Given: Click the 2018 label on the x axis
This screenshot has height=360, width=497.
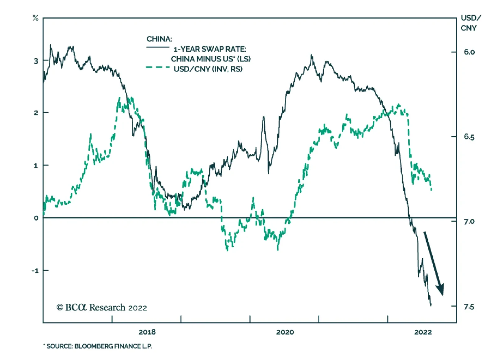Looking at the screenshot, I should (x=147, y=332).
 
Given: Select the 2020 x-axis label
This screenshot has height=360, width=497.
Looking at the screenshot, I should (x=285, y=332).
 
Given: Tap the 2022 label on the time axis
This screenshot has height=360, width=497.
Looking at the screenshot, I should (x=423, y=332).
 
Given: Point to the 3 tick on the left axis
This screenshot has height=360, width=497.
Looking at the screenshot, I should (x=36, y=61).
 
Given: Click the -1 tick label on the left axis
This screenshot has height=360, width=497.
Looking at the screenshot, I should (x=35, y=271).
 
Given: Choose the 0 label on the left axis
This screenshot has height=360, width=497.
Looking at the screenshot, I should (x=36, y=218).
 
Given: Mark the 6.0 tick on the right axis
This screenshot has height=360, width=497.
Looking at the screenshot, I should (x=469, y=52).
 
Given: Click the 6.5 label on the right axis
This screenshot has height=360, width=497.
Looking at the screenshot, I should (x=469, y=137).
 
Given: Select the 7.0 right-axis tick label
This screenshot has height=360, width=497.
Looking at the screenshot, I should (x=469, y=222).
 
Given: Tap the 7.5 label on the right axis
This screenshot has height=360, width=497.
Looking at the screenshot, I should (x=469, y=307).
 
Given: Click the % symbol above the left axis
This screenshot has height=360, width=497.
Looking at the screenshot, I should (x=35, y=18).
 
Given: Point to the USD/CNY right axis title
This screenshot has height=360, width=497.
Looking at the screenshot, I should (x=470, y=23).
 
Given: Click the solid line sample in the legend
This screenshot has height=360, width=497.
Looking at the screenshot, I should (x=158, y=47).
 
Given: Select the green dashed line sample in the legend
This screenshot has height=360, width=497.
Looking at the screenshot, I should (x=158, y=67).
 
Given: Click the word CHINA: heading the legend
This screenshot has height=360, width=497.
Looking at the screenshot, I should (x=159, y=39).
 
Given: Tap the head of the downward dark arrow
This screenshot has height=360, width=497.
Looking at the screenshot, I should (x=440, y=290).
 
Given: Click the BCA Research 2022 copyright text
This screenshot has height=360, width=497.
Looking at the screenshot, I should (x=102, y=308).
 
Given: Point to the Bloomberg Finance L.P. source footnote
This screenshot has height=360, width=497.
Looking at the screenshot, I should (x=99, y=346).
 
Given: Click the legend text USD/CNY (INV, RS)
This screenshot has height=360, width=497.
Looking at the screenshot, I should (x=208, y=69).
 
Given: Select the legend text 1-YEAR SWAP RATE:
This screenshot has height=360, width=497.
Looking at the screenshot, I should (x=210, y=49).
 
